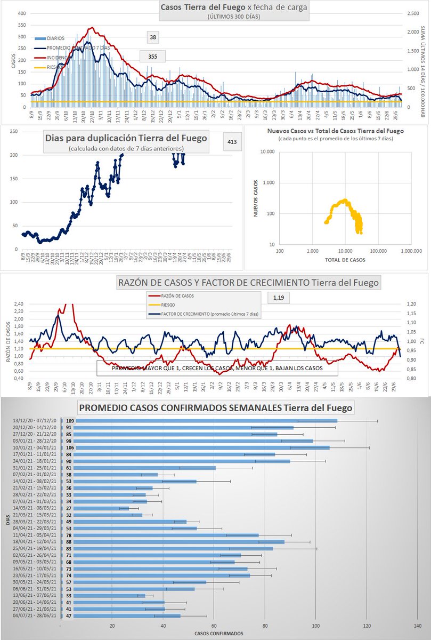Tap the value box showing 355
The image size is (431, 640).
152,55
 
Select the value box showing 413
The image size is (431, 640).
231,142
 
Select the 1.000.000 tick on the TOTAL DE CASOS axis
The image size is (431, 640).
409,250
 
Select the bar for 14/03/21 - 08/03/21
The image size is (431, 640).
95,508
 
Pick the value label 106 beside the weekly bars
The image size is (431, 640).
69,447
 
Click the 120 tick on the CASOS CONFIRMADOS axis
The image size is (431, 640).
367,626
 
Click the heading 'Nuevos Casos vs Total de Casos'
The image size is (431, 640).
341,131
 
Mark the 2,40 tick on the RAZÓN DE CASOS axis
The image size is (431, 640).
18,304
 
